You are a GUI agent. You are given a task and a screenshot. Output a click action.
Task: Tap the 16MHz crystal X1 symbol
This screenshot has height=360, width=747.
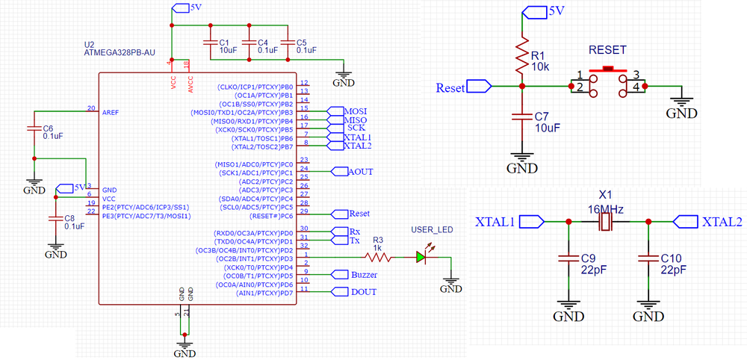607,222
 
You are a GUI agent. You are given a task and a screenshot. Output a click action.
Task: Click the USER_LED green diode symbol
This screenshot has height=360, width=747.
421,258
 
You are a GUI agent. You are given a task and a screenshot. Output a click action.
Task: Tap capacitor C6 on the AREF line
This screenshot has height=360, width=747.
32,128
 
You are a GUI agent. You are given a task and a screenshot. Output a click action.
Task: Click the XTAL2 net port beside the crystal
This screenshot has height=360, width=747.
685,222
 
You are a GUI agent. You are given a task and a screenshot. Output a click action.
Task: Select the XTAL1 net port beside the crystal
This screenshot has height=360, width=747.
532,222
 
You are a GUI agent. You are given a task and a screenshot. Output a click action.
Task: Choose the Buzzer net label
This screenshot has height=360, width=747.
363,275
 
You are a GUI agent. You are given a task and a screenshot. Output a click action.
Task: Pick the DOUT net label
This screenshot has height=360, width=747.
363,292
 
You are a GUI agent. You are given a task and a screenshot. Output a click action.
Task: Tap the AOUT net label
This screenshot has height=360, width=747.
360,172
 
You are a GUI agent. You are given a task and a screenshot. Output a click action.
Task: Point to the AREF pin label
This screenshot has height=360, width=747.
111,111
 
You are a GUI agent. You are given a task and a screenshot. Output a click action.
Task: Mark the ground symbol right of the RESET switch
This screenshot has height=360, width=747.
681,109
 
